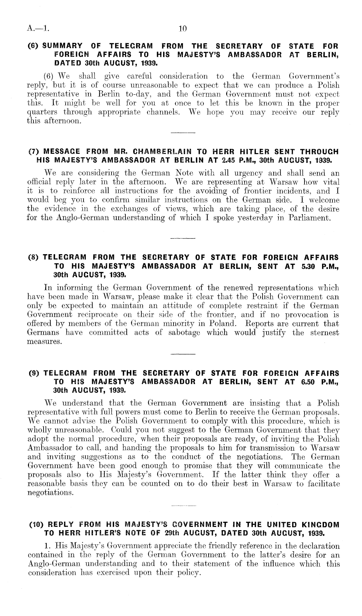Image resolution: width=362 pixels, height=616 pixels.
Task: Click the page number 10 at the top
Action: [x=182, y=29]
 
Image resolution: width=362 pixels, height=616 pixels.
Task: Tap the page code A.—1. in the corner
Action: [x=38, y=29]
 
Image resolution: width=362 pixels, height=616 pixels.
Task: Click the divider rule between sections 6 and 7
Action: [x=182, y=133]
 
